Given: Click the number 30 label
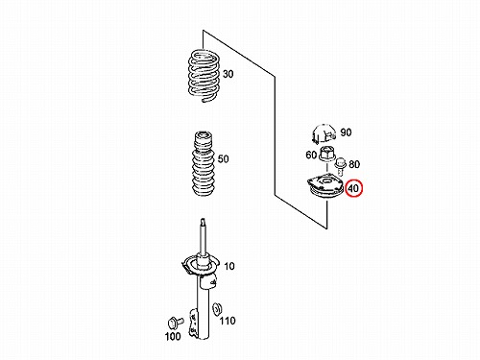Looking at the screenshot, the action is (228, 74).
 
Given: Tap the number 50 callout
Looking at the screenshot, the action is (223, 158).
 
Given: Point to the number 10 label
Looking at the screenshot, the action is (229, 266).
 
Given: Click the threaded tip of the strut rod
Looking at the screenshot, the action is (203, 222).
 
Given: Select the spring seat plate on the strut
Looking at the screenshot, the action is (200, 265).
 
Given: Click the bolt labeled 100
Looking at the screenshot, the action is (176, 322).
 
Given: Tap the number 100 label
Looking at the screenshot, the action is (173, 336).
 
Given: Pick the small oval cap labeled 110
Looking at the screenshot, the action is (218, 309).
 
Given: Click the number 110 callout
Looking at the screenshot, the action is (228, 321).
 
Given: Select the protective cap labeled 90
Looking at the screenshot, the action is (324, 133).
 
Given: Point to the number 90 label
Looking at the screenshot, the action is (346, 132).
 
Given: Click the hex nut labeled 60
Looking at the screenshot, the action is (327, 155).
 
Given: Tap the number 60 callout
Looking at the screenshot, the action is (311, 155).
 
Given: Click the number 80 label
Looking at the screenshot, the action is (354, 164).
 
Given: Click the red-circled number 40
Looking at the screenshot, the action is (353, 188).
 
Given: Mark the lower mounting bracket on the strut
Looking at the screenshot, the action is (193, 322).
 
